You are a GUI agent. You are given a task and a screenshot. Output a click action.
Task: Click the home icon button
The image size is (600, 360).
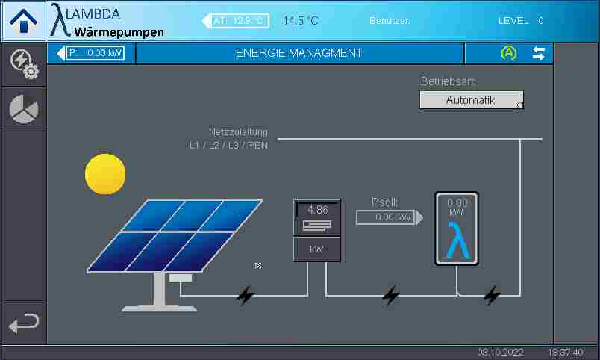point(23,21)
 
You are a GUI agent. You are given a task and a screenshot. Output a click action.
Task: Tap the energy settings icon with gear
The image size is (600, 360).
point(24,64)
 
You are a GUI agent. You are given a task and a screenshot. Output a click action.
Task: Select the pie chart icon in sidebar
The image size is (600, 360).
point(24,109)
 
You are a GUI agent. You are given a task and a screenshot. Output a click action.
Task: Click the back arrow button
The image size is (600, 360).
point(24,323)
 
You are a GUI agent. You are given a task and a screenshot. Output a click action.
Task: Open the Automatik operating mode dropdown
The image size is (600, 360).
point(471,100)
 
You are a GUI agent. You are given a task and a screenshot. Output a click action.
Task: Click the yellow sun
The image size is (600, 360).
point(105,174)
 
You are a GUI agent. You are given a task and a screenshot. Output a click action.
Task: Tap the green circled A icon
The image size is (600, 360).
point(509,53)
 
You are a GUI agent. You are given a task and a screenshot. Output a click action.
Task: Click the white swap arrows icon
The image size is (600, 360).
point(539,53)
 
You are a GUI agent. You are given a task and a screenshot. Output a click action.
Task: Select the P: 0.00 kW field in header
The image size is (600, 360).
point(95,53)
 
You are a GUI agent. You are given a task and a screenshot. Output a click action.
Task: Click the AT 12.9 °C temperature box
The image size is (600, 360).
point(240,21)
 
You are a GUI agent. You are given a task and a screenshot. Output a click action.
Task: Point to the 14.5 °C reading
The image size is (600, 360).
point(301,21)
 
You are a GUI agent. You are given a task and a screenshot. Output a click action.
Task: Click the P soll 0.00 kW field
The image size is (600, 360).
point(386,217)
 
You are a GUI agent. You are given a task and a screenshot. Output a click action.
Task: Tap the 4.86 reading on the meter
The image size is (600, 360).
point(318,210)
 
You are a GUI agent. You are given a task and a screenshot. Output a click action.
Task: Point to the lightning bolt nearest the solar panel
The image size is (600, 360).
point(246,296)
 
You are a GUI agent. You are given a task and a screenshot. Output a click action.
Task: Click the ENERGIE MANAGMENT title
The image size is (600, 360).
point(299,53)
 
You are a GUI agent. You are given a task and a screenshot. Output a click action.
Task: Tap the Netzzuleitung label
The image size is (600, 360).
point(238,132)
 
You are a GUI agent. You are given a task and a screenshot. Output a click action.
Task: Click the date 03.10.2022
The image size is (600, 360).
point(501,353)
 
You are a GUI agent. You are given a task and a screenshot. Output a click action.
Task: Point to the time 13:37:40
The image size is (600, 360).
point(566,353)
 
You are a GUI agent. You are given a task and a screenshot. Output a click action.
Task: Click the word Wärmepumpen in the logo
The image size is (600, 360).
point(119,32)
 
